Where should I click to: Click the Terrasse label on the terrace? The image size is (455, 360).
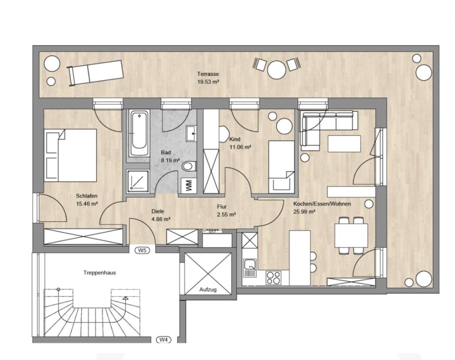(208, 74)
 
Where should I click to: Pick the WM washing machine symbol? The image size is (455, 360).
(188, 185)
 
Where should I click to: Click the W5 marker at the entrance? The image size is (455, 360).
(141, 249)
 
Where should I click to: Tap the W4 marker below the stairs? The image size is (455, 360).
(163, 340)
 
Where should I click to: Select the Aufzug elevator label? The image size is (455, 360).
(208, 289)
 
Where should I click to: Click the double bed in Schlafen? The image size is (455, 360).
(71, 155)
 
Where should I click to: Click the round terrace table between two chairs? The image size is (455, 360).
(276, 69)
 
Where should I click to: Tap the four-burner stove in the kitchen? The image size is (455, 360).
(273, 277)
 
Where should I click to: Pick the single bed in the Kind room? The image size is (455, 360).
(282, 166)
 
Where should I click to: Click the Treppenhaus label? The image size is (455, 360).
(100, 273)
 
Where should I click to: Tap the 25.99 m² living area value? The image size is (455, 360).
(304, 212)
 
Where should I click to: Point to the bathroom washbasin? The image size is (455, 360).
(191, 133)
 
